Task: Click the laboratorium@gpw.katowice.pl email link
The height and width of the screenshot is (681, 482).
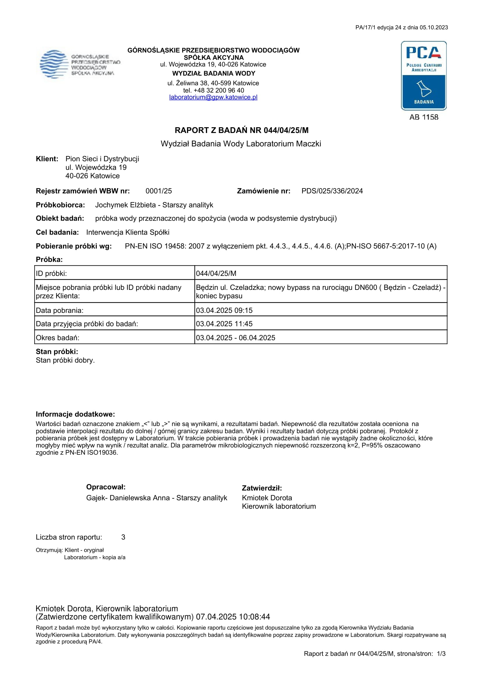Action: (x=213, y=97)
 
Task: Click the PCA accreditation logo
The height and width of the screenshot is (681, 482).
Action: (x=423, y=76)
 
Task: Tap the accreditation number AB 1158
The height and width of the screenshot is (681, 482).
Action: (x=423, y=117)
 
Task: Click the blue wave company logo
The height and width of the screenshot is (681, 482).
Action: (x=54, y=64)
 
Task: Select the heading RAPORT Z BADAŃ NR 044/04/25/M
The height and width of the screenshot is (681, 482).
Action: (x=241, y=130)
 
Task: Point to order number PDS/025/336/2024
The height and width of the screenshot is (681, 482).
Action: (x=332, y=191)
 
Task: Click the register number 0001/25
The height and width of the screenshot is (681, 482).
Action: (x=158, y=191)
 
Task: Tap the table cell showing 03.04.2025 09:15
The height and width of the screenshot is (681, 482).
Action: (x=224, y=310)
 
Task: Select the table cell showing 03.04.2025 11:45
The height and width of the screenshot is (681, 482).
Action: (x=224, y=324)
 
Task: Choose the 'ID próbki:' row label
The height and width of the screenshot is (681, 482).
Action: (x=51, y=274)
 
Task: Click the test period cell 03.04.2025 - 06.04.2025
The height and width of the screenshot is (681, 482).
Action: (x=235, y=338)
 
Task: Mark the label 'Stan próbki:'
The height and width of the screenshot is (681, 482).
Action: (x=57, y=352)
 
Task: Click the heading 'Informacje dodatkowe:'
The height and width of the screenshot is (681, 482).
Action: (x=75, y=414)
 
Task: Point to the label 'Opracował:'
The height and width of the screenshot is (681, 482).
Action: (x=106, y=487)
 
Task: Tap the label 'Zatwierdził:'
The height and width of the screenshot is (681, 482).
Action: (x=262, y=488)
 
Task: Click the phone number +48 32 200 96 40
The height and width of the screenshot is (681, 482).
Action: (x=219, y=90)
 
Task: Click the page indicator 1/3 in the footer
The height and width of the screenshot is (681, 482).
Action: (x=441, y=654)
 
